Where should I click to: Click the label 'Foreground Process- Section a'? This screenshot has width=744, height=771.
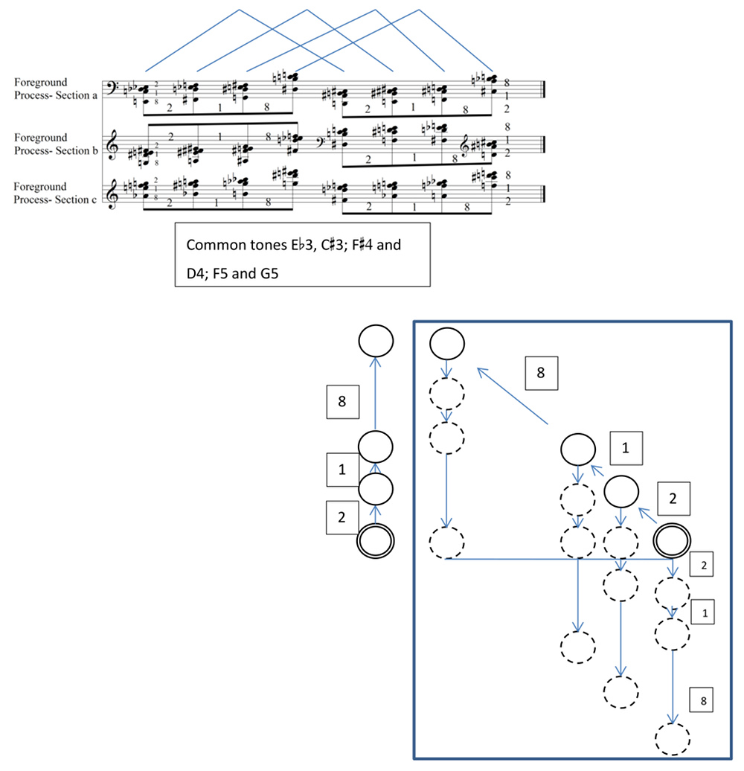56,89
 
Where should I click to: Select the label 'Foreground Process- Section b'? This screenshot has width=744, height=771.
56,144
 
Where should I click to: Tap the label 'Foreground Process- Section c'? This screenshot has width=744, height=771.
55,193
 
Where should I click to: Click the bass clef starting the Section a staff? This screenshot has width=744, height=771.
112,88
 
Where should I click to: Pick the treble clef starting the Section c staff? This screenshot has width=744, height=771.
112,193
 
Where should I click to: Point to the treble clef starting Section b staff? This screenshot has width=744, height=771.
112,145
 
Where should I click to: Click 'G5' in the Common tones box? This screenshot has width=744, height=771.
269,273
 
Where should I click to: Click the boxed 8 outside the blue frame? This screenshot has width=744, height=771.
342,402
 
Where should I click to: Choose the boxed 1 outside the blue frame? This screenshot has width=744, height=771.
342,470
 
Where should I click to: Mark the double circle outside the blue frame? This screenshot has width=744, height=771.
376,541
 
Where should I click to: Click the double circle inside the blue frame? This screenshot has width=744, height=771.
672,540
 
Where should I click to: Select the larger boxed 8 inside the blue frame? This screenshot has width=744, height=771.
542,373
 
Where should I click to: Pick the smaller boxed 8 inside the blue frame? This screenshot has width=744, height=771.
702,700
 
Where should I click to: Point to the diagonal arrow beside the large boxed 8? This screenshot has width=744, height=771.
512,396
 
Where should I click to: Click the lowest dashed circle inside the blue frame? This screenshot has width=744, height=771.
673,738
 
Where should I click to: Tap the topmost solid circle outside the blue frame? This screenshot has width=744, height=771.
376,340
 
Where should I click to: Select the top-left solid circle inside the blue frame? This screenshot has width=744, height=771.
447,343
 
